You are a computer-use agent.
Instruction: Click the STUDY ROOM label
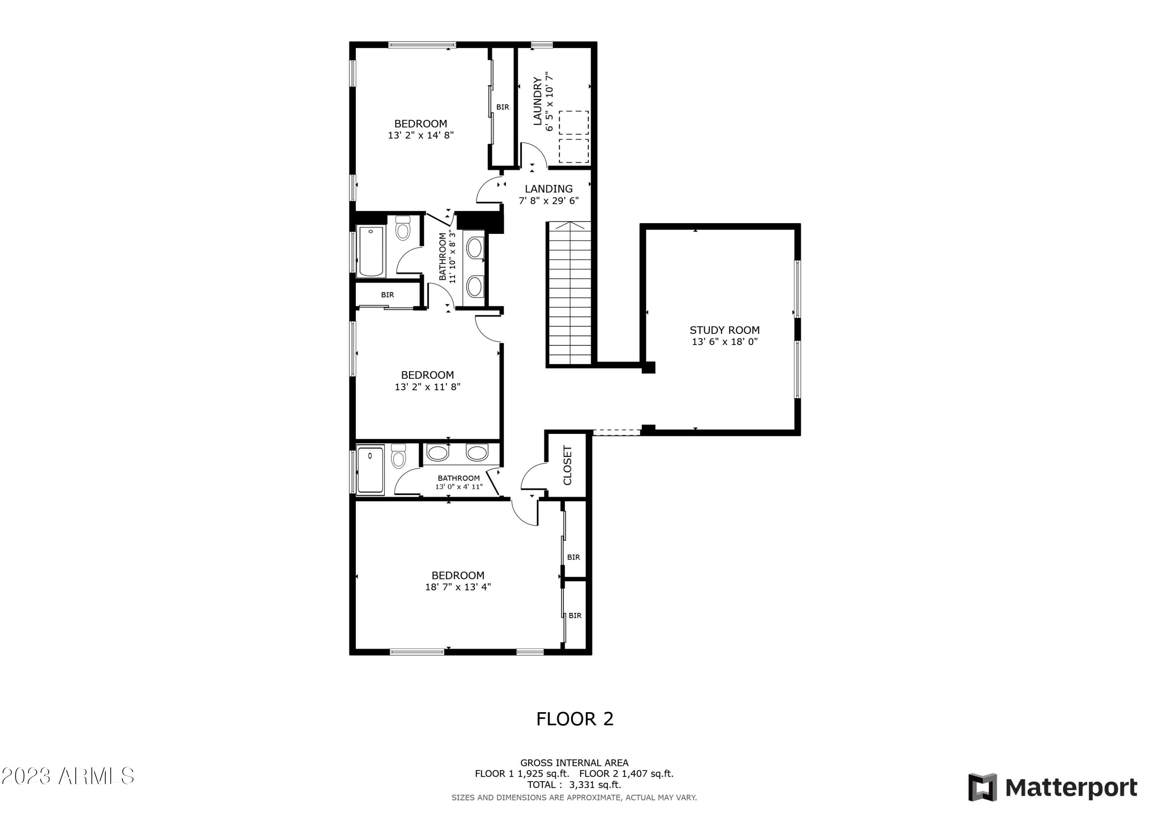click(x=724, y=330)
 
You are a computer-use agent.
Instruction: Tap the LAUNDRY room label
click(x=537, y=101)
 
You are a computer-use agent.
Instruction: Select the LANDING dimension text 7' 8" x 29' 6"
click(x=549, y=201)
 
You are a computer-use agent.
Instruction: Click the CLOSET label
click(x=567, y=465)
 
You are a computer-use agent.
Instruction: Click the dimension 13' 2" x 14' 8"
click(x=421, y=135)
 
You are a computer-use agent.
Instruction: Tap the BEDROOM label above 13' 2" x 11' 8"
click(x=427, y=375)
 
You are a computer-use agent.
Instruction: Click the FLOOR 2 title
click(x=575, y=719)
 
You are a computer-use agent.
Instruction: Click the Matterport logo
click(x=1052, y=787)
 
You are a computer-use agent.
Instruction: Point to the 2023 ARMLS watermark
click(x=67, y=776)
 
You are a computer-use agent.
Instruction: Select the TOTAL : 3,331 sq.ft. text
click(x=574, y=785)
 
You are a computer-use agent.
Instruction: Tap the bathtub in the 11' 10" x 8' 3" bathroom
click(x=371, y=251)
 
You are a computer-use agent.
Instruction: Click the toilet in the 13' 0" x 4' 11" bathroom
click(x=398, y=457)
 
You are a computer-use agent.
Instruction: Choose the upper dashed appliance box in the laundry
click(x=573, y=123)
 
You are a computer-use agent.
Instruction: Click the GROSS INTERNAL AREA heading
click(x=574, y=762)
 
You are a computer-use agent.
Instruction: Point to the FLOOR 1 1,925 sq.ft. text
click(x=521, y=774)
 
